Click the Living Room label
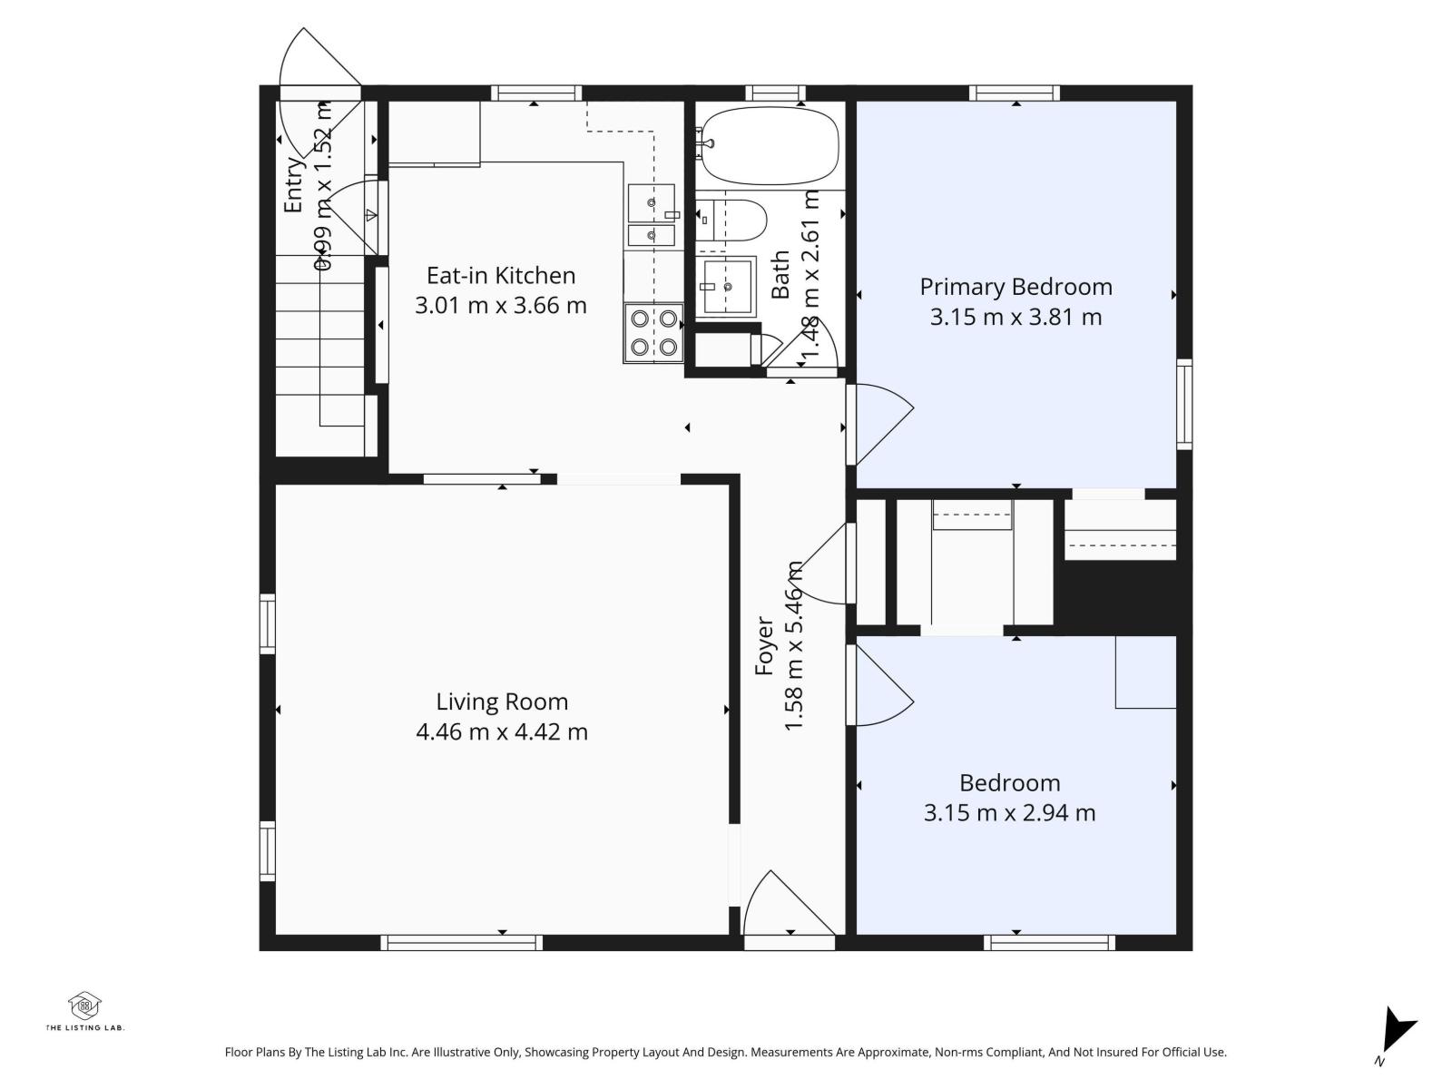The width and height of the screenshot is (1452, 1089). click(502, 701)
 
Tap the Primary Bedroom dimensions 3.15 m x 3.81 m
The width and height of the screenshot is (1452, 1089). click(1015, 317)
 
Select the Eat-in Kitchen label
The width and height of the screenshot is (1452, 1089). click(501, 275)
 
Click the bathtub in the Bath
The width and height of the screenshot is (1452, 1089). click(770, 145)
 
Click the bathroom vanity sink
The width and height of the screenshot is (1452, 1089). click(727, 286)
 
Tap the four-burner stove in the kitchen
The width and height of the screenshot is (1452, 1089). click(653, 332)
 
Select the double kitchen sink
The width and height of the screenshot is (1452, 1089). click(651, 215)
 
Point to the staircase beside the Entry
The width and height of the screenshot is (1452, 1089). click(319, 354)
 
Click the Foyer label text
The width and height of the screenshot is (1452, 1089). click(764, 646)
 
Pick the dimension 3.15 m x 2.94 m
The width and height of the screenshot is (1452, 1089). click(1009, 813)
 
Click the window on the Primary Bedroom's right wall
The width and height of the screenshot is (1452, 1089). click(1183, 404)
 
